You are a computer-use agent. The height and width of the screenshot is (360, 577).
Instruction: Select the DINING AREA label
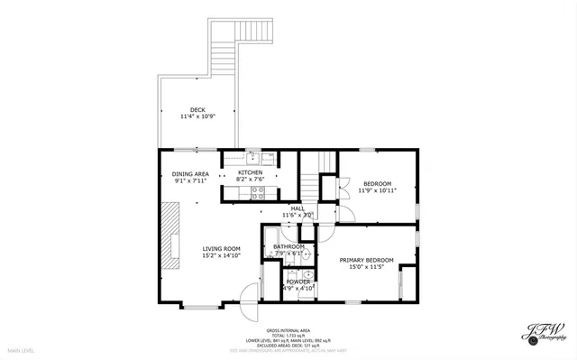tap(190, 174)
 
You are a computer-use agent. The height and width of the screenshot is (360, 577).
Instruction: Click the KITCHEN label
tap(250, 172)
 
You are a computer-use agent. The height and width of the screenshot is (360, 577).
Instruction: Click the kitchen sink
tap(253, 155)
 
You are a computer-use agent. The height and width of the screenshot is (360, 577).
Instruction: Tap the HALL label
tap(297, 208)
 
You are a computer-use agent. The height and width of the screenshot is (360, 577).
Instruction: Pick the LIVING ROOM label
tap(221, 248)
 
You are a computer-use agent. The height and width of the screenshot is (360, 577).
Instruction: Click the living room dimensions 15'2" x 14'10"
tap(221, 255)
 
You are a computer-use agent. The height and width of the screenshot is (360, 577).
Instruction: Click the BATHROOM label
tap(289, 246)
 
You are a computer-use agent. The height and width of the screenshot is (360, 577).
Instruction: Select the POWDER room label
tap(298, 282)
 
